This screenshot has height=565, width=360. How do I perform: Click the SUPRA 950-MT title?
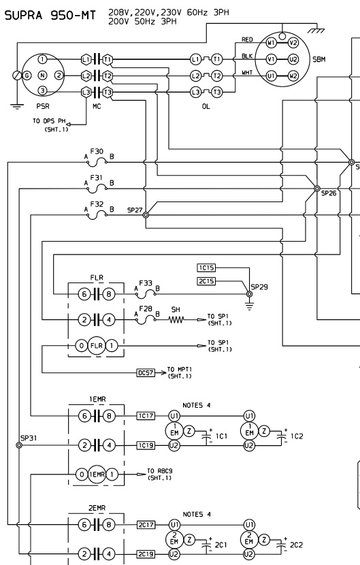50,16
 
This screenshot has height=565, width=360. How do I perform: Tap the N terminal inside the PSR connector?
43,76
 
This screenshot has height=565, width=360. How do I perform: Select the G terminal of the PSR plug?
27,76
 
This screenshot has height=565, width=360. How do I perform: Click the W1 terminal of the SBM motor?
271,43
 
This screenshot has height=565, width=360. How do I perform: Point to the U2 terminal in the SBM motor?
293,59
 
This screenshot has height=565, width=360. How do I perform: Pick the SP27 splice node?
146,215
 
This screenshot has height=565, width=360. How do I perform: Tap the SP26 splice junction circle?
316,189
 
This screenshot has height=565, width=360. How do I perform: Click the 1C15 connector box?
206,268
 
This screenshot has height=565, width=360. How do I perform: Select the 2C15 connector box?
206,281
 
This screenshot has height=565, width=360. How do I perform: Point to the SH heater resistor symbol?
176,319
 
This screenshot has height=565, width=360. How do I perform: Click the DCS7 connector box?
146,372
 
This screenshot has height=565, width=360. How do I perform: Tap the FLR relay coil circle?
97,346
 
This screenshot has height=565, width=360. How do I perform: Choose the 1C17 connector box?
146,416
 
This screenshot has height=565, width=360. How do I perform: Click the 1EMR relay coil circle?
97,474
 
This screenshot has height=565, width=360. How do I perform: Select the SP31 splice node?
19,445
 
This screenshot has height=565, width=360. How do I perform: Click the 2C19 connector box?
146,554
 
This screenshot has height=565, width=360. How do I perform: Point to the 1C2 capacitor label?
297,436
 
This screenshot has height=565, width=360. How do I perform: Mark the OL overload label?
206,107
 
